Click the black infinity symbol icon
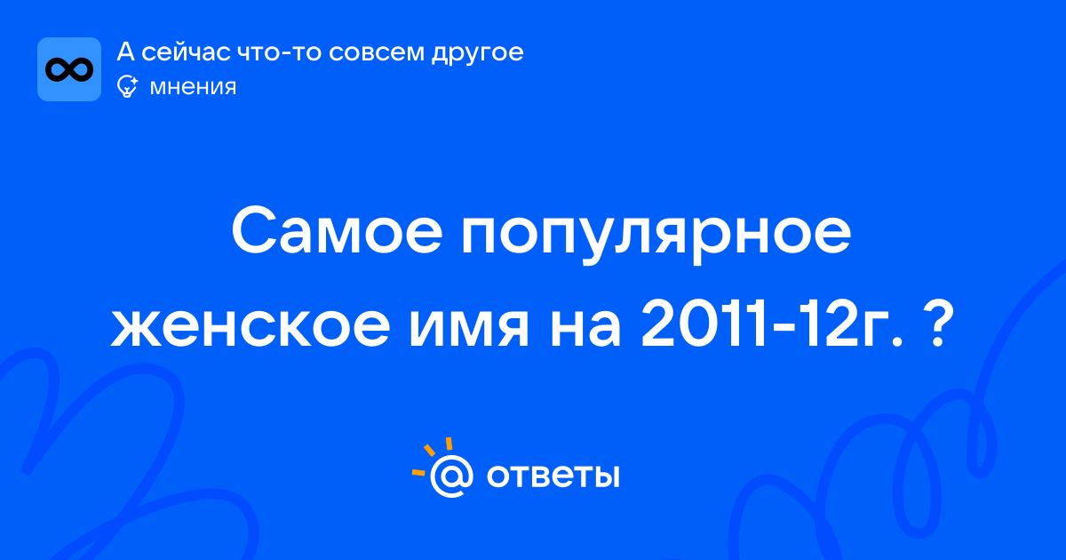(x=69, y=69)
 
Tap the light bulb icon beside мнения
(x=127, y=87)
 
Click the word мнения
(x=193, y=87)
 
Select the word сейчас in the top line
(x=186, y=52)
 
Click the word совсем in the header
(x=376, y=52)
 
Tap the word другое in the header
(x=477, y=53)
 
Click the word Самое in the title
(x=337, y=231)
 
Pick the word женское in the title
(x=251, y=327)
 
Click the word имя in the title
(x=469, y=327)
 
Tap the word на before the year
(x=585, y=327)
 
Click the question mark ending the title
(x=937, y=324)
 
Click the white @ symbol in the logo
(x=451, y=476)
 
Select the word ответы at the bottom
(x=553, y=476)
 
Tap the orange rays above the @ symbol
(x=431, y=456)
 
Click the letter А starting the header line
(x=125, y=52)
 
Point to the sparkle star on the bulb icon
(x=133, y=80)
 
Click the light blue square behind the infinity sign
(x=69, y=69)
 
